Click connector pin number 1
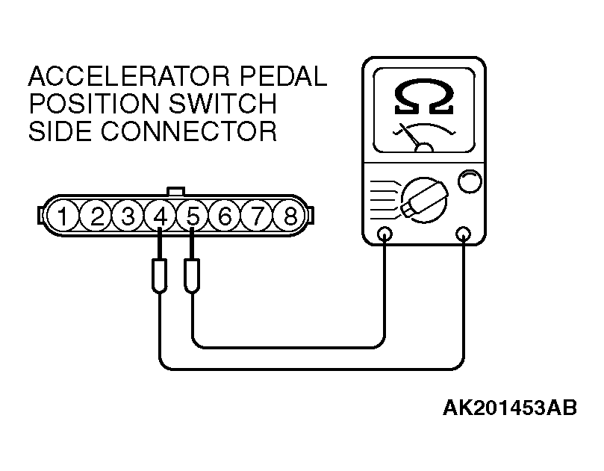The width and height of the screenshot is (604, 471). point(63,216)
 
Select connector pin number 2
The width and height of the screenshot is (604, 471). point(96,216)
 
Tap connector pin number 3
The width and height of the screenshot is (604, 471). point(128,216)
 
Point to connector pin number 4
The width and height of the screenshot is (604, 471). point(161,216)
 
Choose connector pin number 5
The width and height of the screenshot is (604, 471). point(193,216)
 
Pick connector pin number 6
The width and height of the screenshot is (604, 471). point(225,216)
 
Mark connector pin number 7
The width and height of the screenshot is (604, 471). point(258,216)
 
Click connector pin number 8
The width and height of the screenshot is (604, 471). point(290,216)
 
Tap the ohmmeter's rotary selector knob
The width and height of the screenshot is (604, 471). point(425,200)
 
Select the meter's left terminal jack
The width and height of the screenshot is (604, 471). point(384,234)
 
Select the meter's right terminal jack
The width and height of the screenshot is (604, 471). point(463,234)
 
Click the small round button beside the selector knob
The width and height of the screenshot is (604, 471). point(470,181)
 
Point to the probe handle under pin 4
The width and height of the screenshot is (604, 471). point(160,275)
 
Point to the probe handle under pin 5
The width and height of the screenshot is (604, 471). point(192,275)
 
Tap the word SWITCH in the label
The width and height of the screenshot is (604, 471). point(222,103)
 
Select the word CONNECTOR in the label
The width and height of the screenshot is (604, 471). point(189,131)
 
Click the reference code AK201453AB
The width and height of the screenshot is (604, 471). point(510,408)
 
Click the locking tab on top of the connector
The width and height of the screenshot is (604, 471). point(175,191)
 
